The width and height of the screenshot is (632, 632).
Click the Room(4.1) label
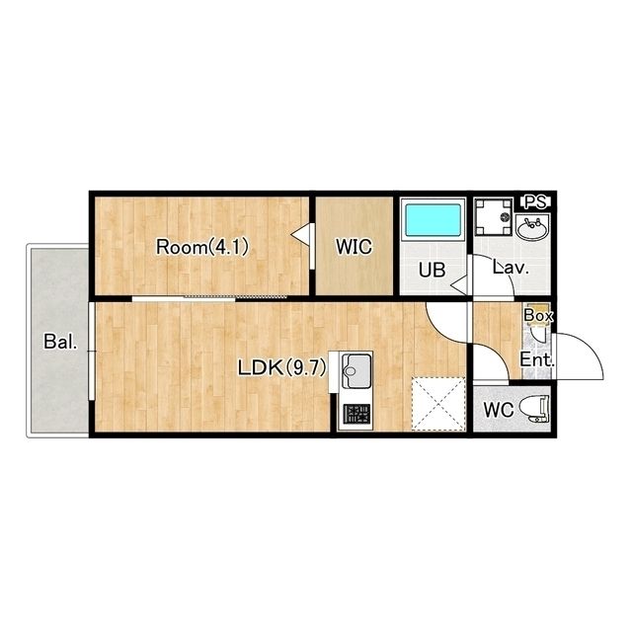pos(201,247)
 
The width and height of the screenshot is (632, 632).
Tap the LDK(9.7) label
pos(281,367)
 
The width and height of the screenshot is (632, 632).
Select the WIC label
pos(354,247)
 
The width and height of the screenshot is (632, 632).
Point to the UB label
pos(432,270)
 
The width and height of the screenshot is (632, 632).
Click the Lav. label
pos(511,268)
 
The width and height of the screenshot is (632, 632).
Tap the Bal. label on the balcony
pos(60,342)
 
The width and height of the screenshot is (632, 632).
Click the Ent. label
pos(537,359)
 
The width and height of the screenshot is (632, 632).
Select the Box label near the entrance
pos(538,316)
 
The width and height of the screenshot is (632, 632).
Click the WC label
pos(499,411)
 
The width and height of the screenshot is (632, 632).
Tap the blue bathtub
pos(433,219)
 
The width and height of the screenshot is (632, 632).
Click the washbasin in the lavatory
pos(533,228)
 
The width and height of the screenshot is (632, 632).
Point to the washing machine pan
pos(494,217)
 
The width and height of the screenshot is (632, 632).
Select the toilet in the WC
pos(534,409)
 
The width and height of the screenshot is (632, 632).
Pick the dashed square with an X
pos(438,404)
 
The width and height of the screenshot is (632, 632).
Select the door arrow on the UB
pos(458,285)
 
